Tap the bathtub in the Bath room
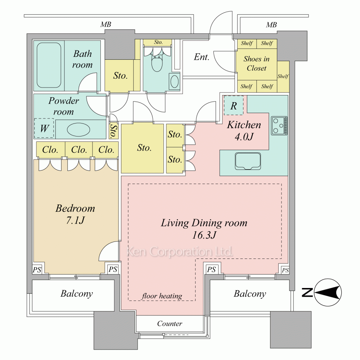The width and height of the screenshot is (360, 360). [49, 65]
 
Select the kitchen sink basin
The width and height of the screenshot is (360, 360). [248, 161]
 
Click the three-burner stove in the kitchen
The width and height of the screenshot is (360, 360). [279, 126]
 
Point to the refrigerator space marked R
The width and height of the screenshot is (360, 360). [234, 105]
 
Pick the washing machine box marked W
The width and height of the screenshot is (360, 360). [44, 128]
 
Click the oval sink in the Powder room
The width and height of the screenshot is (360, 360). [78, 130]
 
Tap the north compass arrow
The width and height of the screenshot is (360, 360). [328, 292]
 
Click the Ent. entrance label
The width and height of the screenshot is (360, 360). [202, 57]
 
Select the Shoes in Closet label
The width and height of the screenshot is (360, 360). [256, 63]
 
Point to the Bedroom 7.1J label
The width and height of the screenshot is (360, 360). [75, 214]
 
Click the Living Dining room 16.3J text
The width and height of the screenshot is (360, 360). [204, 229]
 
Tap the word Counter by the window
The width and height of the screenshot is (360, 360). [170, 324]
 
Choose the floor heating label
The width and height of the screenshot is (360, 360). [162, 296]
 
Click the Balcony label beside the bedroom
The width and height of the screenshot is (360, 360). [77, 294]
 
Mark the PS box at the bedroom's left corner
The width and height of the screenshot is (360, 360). [37, 270]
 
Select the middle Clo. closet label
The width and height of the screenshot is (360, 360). [79, 150]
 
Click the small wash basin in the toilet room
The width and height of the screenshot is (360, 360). [175, 81]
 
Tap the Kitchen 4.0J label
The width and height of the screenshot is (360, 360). [244, 131]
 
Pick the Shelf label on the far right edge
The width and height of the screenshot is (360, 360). [283, 76]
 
